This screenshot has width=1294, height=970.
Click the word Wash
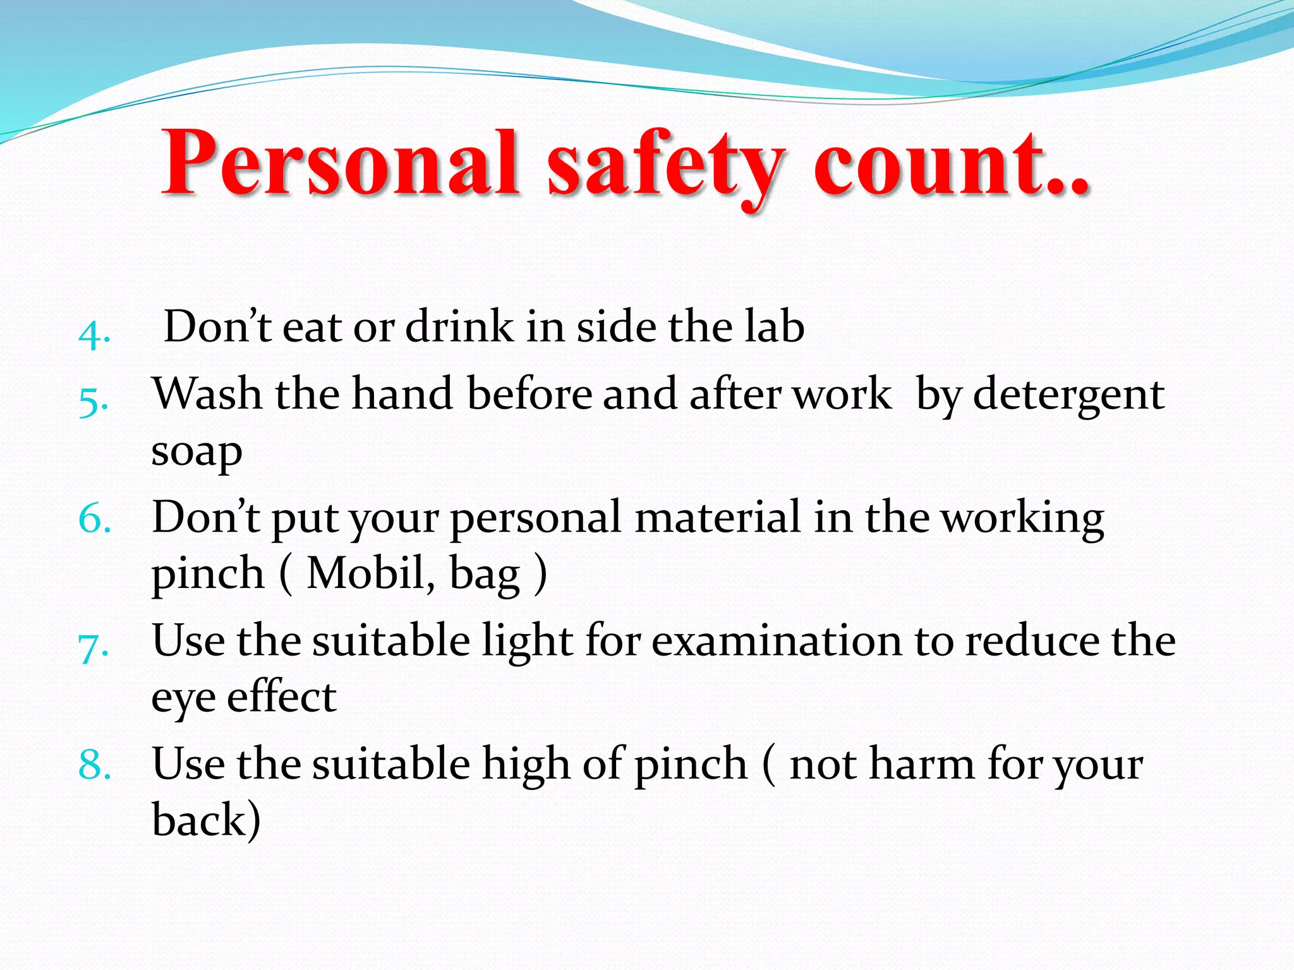207,394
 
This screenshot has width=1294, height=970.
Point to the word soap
197,452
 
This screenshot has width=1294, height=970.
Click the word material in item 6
717,518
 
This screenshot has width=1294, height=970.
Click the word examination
777,642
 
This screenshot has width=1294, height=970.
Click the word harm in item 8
922,764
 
